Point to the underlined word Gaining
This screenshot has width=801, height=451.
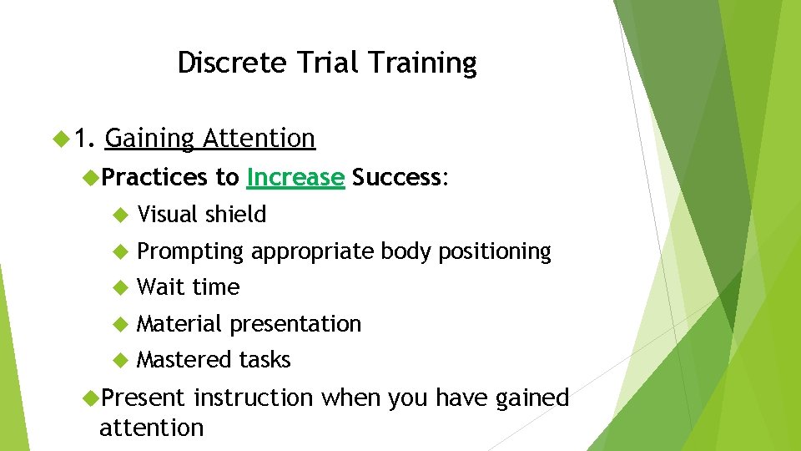[x=151, y=139]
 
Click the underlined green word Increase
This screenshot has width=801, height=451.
[x=295, y=177]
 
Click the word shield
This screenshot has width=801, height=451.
[x=236, y=215]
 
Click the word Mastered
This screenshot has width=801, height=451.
[x=184, y=360]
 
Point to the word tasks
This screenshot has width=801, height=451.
[x=264, y=360]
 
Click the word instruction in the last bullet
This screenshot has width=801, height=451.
[x=253, y=398]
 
